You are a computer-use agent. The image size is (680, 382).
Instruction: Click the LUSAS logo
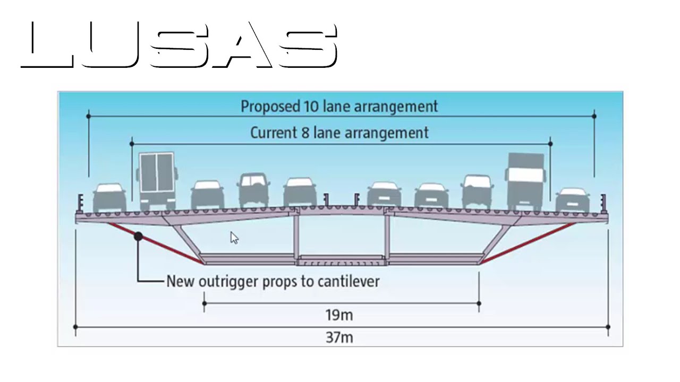pyautogui.click(x=179, y=45)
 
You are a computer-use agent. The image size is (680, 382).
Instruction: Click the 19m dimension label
pyautogui.click(x=339, y=315)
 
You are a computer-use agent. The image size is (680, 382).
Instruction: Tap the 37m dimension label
pyautogui.click(x=339, y=337)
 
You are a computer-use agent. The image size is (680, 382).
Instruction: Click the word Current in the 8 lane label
pyautogui.click(x=274, y=133)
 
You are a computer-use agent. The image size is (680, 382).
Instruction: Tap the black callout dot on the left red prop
pyautogui.click(x=138, y=237)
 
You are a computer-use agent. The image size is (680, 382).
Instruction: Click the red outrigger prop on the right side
pyautogui.click(x=528, y=243)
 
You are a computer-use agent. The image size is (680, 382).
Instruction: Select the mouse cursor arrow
pyautogui.click(x=234, y=238)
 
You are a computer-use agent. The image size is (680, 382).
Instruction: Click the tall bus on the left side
pyautogui.click(x=157, y=181)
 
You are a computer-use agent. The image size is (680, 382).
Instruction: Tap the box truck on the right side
pyautogui.click(x=525, y=182)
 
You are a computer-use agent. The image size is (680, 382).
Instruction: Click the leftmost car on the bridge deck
pyautogui.click(x=109, y=198)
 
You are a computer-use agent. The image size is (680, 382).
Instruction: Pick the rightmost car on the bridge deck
pyautogui.click(x=573, y=200)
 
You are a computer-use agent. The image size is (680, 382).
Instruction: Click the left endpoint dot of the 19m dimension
pyautogui.click(x=205, y=303)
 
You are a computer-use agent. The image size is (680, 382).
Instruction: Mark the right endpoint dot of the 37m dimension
pyautogui.click(x=608, y=327)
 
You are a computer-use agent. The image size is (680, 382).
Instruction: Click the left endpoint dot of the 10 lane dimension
pyautogui.click(x=88, y=116)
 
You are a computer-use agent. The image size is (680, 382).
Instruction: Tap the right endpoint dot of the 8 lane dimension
pyautogui.click(x=550, y=144)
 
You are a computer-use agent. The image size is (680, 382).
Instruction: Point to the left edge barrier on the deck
pyautogui.click(x=80, y=202)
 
